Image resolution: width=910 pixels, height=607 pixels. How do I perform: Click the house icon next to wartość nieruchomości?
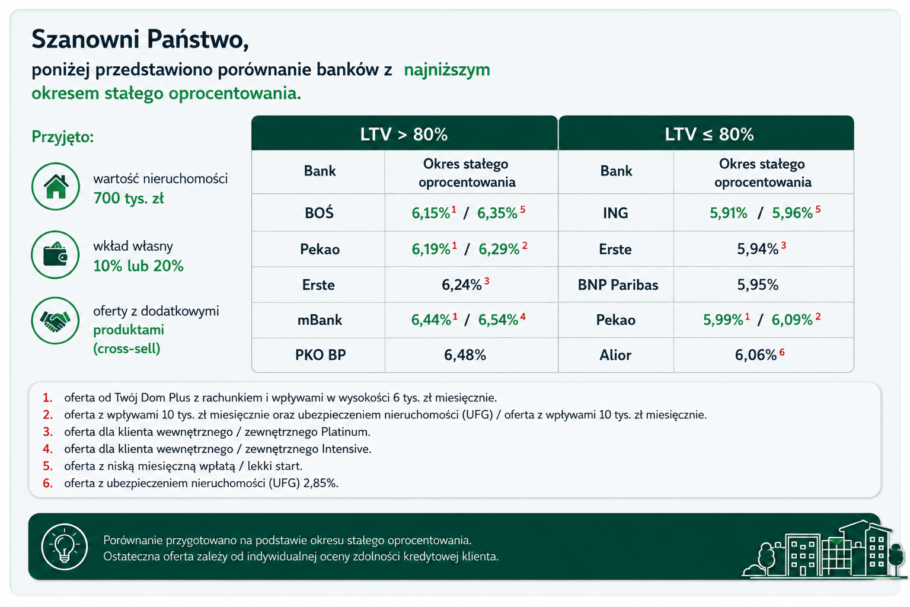click(56, 187)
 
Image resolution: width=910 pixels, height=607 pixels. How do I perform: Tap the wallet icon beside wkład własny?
click(55, 255)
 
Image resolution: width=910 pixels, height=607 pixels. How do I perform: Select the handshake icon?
click(55, 321)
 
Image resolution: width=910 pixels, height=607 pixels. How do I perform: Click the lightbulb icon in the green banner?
click(64, 547)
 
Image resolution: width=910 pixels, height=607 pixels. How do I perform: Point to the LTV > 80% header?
click(404, 134)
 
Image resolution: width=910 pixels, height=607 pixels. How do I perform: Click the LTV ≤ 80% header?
click(709, 134)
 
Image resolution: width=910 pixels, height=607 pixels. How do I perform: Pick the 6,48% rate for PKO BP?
click(465, 355)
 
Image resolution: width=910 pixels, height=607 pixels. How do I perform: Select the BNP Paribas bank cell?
click(618, 285)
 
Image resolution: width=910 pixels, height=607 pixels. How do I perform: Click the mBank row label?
click(320, 320)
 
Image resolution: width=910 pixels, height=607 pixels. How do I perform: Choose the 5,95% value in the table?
click(758, 285)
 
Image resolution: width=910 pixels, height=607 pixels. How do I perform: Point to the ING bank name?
click(615, 213)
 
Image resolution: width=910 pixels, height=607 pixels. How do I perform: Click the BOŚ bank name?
click(320, 212)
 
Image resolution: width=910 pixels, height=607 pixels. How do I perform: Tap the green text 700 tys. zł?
click(129, 198)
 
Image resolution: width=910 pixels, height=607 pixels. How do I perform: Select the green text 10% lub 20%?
click(138, 266)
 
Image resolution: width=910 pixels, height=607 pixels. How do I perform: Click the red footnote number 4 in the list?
click(47, 449)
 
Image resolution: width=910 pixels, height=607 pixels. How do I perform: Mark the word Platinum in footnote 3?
click(345, 432)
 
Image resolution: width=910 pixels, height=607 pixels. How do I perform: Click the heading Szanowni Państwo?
click(140, 40)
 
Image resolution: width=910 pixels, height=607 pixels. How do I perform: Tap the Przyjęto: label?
click(63, 137)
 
